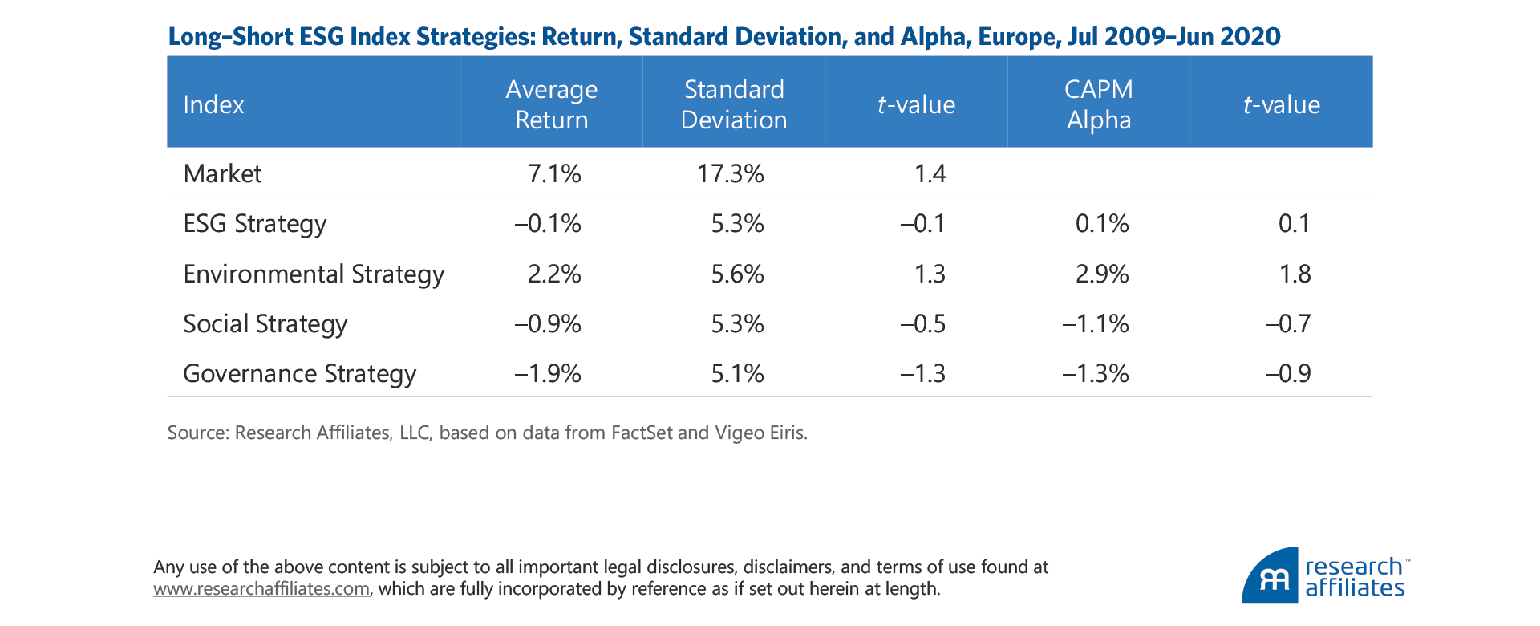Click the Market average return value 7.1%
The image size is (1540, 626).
(554, 173)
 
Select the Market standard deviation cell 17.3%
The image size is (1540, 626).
(730, 173)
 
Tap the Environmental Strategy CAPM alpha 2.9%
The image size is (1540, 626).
(1101, 274)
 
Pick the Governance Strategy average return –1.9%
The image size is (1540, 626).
(548, 373)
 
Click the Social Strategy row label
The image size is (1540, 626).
(265, 323)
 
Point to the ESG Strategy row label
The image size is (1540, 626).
(254, 223)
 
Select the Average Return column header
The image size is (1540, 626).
(551, 104)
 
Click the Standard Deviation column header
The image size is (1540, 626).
(733, 104)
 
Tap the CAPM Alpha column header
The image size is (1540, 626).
(1098, 104)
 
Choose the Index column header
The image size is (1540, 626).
(213, 104)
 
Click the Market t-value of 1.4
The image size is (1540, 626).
(930, 173)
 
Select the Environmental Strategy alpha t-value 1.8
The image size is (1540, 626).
(1294, 274)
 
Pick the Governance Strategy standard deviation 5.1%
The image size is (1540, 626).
(737, 373)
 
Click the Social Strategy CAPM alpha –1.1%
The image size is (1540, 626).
(1095, 323)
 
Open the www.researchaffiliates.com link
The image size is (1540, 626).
(261, 589)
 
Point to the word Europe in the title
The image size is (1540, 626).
(1014, 37)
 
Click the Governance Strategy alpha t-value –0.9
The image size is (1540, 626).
(1287, 373)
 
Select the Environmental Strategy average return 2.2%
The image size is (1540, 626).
(554, 274)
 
